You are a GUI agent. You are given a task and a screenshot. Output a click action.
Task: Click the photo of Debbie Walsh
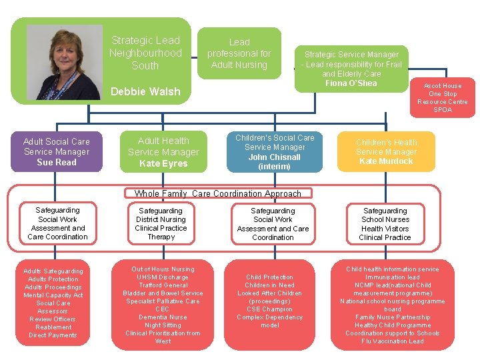pyautogui.click(x=64, y=62)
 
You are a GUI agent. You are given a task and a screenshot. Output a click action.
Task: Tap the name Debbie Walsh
pyautogui.click(x=145, y=91)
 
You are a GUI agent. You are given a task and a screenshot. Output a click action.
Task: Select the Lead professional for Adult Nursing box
pyautogui.click(x=239, y=53)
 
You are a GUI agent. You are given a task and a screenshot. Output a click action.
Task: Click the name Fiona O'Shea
pyautogui.click(x=351, y=83)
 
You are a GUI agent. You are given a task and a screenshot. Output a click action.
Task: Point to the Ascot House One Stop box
pyautogui.click(x=443, y=97)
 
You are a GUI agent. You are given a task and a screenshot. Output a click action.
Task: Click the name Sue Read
pyautogui.click(x=57, y=163)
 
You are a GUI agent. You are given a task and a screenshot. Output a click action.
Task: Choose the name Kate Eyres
pyautogui.click(x=163, y=163)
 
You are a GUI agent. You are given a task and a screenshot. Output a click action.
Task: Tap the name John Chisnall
pyautogui.click(x=275, y=157)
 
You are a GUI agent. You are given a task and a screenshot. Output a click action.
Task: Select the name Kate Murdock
pyautogui.click(x=386, y=161)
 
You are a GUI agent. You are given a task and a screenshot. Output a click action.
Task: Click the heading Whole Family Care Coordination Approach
pyautogui.click(x=218, y=194)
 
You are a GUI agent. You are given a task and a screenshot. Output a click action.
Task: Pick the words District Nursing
pyautogui.click(x=161, y=219)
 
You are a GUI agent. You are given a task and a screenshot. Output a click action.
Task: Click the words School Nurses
pyautogui.click(x=385, y=219)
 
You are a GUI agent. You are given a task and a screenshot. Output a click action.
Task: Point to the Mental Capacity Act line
pyautogui.click(x=53, y=295)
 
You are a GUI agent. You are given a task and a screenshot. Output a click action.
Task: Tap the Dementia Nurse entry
pyautogui.click(x=163, y=317)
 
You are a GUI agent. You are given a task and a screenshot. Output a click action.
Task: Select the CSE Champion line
pyautogui.click(x=269, y=309)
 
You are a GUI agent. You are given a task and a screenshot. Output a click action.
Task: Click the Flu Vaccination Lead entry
pyautogui.click(x=393, y=341)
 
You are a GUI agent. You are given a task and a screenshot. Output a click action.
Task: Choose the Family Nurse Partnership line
pyautogui.click(x=393, y=317)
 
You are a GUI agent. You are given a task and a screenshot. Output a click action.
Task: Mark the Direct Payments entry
pyautogui.click(x=53, y=335)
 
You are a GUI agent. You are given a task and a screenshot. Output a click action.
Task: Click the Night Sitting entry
pyautogui.click(x=163, y=325)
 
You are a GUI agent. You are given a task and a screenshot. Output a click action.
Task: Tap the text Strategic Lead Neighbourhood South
pyautogui.click(x=145, y=53)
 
